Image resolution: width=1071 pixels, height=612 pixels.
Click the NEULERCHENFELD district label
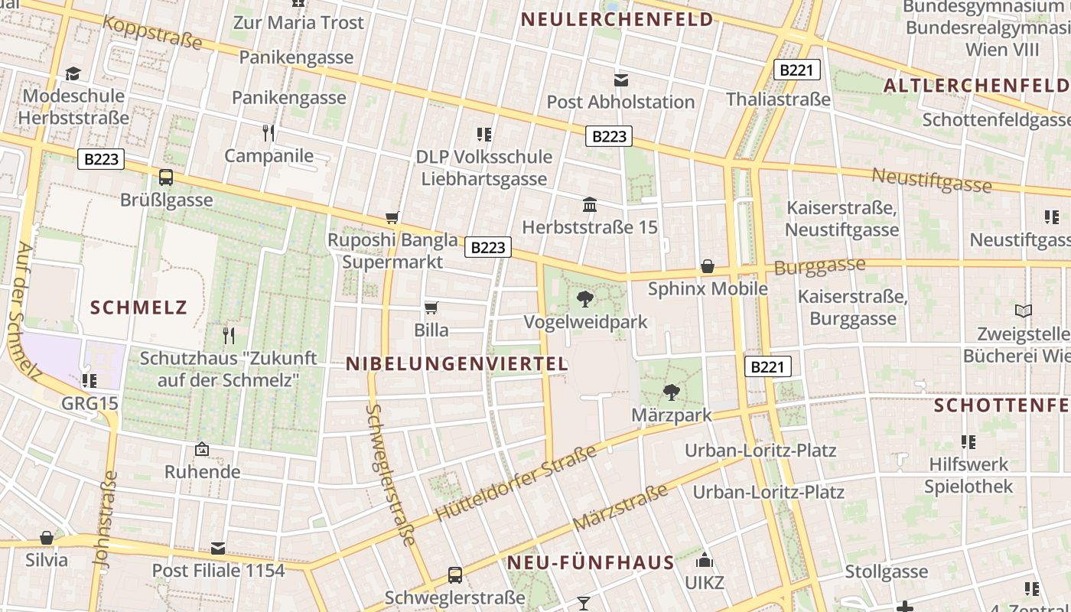pyautogui.click(x=617, y=19)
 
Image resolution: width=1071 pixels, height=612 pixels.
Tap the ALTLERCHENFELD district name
pyautogui.click(x=976, y=85)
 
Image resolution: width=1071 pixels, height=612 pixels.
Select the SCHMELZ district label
pyautogui.click(x=138, y=308)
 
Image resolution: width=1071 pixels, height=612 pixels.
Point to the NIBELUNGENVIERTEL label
pyautogui.click(x=457, y=363)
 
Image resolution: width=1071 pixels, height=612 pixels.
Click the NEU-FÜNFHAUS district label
pyautogui.click(x=591, y=563)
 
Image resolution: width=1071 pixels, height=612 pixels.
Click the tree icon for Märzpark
pyautogui.click(x=671, y=392)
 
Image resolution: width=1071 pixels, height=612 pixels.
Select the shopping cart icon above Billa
pyautogui.click(x=431, y=308)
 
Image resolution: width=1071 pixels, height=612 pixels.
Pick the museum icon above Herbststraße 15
pyautogui.click(x=590, y=204)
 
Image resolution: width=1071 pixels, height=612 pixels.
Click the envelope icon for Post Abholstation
pyautogui.click(x=620, y=80)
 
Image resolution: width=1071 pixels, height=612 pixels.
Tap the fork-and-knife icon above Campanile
pyautogui.click(x=269, y=133)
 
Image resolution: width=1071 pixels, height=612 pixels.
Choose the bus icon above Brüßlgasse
pyautogui.click(x=166, y=177)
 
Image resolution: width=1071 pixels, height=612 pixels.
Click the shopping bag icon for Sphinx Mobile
pyautogui.click(x=708, y=266)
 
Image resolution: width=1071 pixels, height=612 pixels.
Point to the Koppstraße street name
pyautogui.click(x=152, y=31)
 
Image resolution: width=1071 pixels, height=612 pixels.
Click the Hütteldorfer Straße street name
pyautogui.click(x=515, y=484)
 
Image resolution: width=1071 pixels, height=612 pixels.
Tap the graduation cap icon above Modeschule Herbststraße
pyautogui.click(x=73, y=73)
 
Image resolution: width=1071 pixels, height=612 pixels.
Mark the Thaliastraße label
pyautogui.click(x=778, y=99)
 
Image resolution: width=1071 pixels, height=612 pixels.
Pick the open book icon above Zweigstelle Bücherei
pyautogui.click(x=1023, y=311)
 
